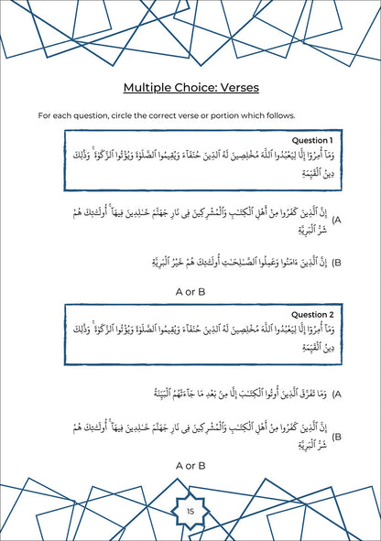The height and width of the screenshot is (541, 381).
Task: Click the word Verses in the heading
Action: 234,88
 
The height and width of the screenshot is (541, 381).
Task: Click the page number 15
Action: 190,511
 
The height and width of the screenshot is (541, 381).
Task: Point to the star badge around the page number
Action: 190,500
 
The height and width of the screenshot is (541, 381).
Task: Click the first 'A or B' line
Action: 190,293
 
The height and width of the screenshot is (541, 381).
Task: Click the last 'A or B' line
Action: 190,466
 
